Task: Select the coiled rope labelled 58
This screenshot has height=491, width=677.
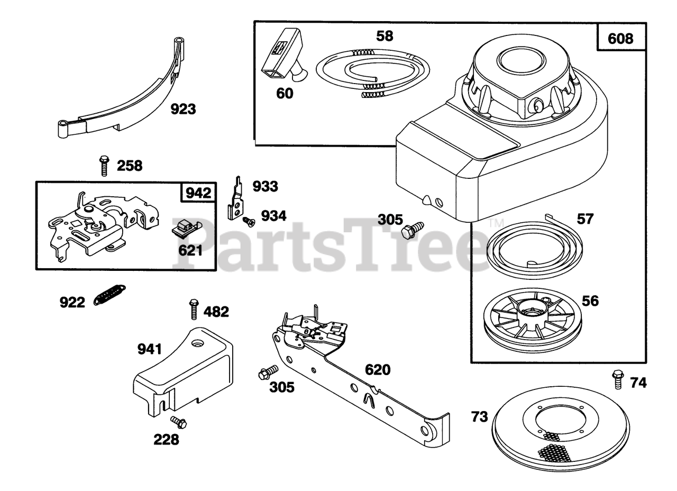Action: tap(372, 73)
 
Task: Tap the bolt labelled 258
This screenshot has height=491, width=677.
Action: tap(104, 165)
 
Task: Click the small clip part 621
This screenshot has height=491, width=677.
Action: tap(185, 229)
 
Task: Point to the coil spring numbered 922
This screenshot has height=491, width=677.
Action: tap(109, 295)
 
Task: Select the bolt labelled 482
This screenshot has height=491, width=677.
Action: tap(194, 308)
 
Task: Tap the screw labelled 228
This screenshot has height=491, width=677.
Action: tap(178, 421)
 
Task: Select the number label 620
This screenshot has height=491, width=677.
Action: tap(377, 369)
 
